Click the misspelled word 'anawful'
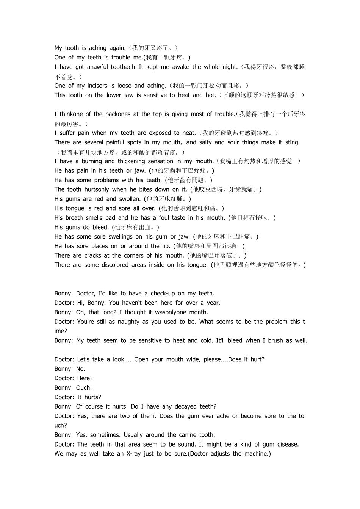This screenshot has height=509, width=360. pyautogui.click(x=98, y=67)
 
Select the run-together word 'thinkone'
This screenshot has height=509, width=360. pyautogui.click(x=71, y=114)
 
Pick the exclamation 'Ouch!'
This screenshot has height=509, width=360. pyautogui.click(x=84, y=388)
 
